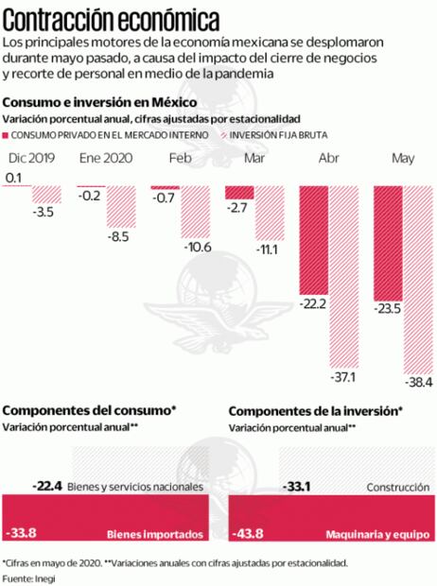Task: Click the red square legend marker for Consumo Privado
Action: pyautogui.click(x=9, y=133)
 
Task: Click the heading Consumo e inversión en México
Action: pyautogui.click(x=99, y=102)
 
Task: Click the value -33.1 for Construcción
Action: pyautogui.click(x=299, y=488)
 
